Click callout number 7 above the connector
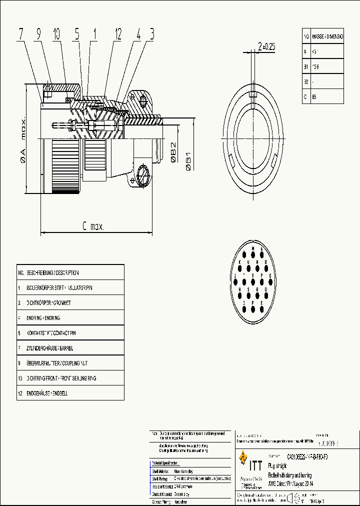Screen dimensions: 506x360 coord(21,34)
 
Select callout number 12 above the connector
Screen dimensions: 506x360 coord(118,34)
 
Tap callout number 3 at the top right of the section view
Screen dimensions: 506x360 coord(151,34)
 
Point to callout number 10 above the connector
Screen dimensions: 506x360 coord(56,34)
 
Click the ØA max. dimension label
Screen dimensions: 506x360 coord(23,140)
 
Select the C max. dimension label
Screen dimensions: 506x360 coord(93,226)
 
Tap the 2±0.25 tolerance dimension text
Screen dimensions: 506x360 coord(266,46)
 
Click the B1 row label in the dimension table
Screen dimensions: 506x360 coord(306,66)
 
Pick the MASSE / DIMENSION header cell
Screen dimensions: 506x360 coord(327,37)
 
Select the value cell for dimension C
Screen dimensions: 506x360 coord(327,96)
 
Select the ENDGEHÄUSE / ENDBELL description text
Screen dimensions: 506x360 coord(47,393)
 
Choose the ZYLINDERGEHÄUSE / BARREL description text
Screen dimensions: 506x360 coord(55,348)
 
